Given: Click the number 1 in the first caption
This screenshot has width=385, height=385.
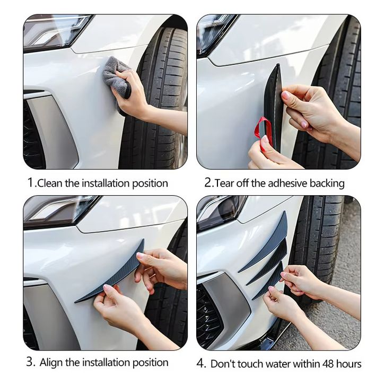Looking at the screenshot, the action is coord(30,183).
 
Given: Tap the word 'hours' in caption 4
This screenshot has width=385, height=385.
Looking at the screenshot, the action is coord(349,364).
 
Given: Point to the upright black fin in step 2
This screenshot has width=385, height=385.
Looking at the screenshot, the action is coord(273,108).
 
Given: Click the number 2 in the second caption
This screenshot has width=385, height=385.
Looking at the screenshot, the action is coord(208,183).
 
